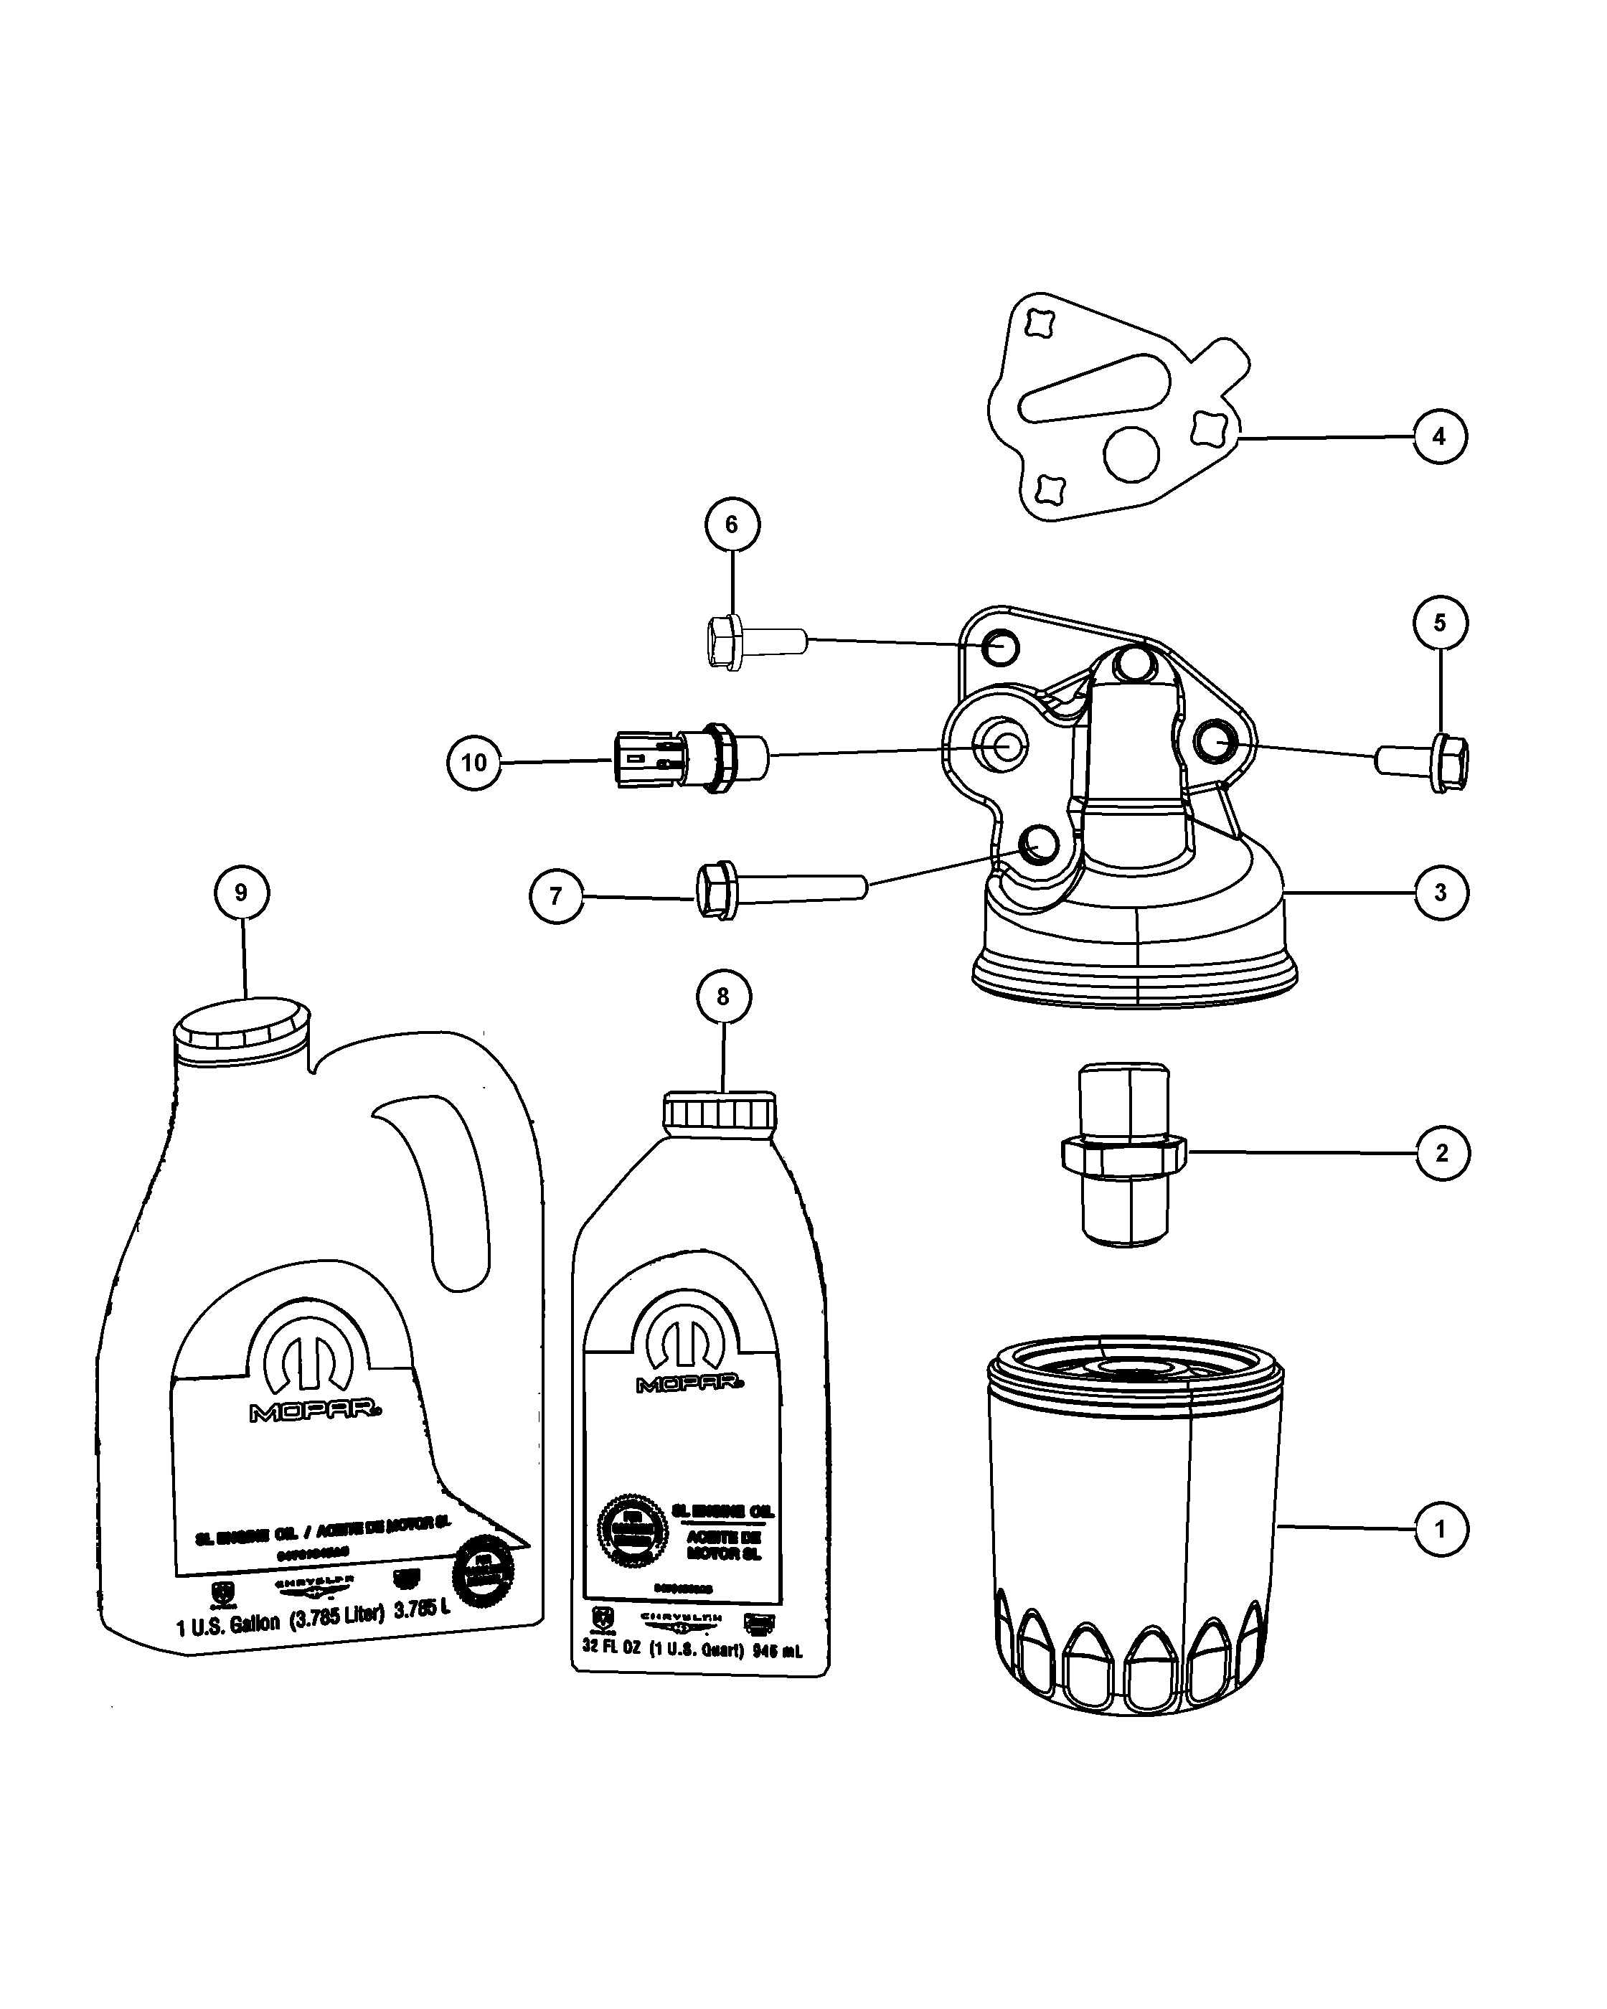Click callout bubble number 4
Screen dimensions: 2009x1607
click(1439, 436)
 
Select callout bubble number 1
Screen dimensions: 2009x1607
click(1441, 1529)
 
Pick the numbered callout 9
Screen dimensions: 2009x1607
click(241, 893)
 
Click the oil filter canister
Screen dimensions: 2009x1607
click(1135, 1528)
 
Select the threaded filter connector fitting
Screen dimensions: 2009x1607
click(1123, 1154)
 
